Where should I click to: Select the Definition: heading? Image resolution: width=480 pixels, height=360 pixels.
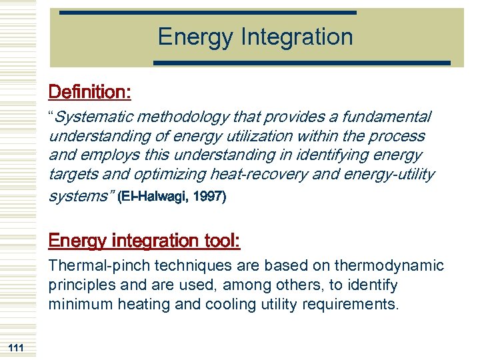(89, 91)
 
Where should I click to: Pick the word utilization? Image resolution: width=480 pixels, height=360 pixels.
(261, 137)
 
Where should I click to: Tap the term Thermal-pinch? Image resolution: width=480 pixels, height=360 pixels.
(99, 266)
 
